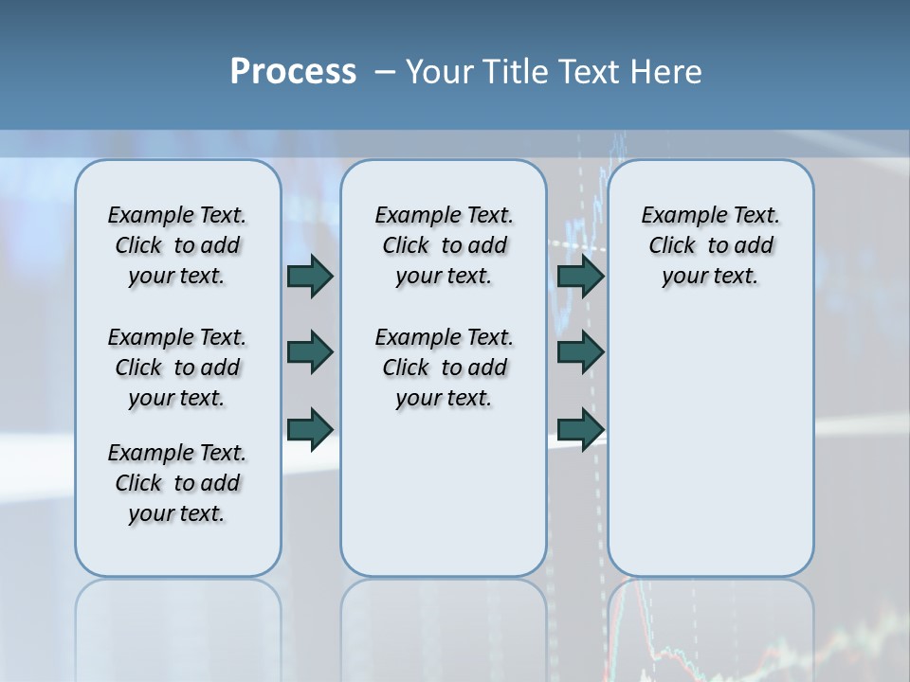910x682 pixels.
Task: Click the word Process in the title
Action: pos(293,72)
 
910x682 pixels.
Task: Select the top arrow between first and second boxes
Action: pos(310,276)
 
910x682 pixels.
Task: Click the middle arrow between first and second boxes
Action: pos(310,352)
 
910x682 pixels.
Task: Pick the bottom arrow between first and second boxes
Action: pos(310,428)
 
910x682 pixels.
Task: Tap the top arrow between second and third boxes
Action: pos(580,276)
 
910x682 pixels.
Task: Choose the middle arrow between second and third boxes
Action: pos(580,352)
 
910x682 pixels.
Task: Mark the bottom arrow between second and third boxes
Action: pos(580,428)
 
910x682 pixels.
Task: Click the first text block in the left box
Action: pos(177,245)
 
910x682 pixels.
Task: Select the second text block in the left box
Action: pos(177,368)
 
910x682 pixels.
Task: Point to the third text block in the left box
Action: pos(177,483)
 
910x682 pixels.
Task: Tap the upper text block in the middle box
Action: pos(445,245)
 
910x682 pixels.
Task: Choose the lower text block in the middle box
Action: pos(445,368)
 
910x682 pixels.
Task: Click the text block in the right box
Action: pos(711,245)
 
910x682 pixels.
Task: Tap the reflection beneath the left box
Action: pos(178,625)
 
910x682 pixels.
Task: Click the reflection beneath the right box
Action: pos(711,625)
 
